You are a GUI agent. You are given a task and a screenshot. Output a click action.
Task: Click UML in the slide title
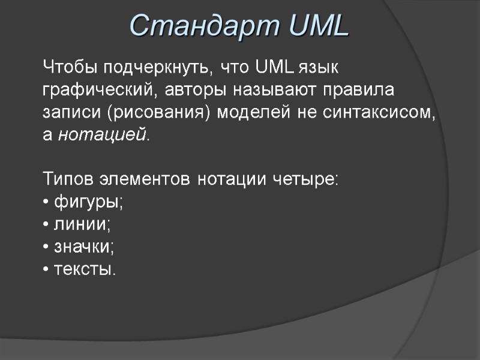(x=317, y=25)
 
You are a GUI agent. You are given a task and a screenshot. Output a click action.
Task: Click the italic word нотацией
(x=103, y=134)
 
